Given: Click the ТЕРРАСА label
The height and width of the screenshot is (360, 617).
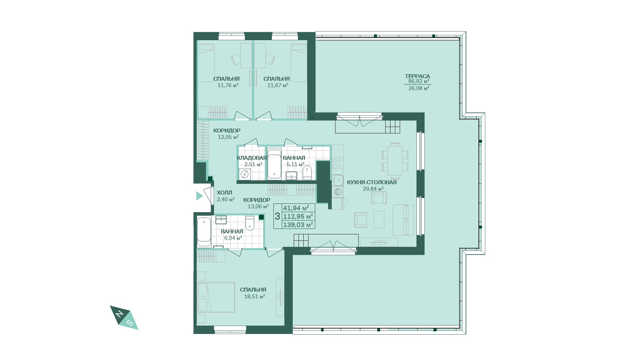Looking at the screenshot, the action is (417, 76).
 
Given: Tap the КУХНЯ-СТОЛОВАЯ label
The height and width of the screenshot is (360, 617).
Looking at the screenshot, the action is (372, 182).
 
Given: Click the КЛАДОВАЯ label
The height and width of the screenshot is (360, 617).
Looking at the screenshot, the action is (252, 158).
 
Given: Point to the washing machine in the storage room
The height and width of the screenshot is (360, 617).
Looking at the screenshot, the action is (245, 174).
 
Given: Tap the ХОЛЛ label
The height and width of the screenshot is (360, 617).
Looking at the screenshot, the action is (224, 193).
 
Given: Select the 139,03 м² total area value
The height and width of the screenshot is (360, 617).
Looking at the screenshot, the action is (298, 224).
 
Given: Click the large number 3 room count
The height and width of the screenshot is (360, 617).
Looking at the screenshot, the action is (277, 216).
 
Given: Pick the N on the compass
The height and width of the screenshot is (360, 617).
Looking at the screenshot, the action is (120, 314).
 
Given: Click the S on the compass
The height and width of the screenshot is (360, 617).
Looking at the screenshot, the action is (130, 322).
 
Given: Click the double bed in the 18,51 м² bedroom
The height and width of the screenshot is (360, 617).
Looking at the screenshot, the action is (216, 297).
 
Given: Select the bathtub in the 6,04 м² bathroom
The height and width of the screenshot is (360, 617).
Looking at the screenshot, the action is (204, 232).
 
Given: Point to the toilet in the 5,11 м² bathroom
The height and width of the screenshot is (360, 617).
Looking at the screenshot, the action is (307, 173).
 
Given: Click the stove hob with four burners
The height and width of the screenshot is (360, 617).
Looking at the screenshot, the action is (338, 163).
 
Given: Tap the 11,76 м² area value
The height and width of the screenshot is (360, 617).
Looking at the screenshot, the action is (228, 85).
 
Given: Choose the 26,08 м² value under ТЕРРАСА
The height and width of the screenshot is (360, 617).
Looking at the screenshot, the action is (419, 88).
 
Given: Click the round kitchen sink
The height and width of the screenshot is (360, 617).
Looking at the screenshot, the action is (338, 192).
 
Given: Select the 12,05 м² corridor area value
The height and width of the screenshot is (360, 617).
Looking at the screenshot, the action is (228, 137).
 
